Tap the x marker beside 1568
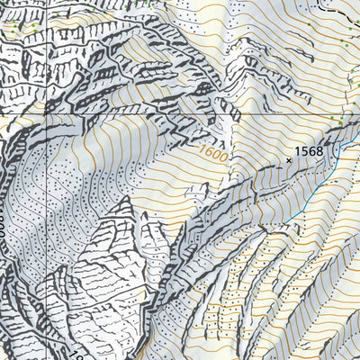click(288, 160)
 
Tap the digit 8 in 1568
click(319, 151)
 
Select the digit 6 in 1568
click(312, 151)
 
